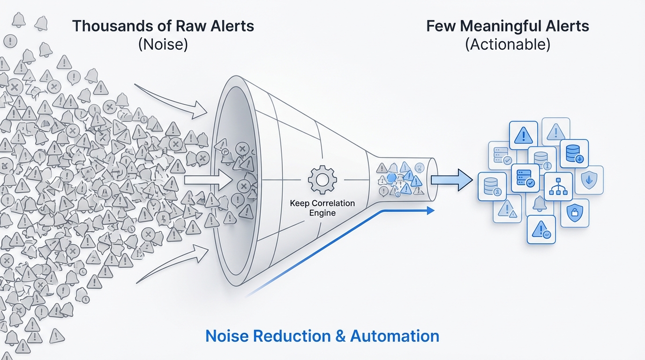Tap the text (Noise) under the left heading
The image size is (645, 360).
(163, 45)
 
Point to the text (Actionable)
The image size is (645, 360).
(508, 45)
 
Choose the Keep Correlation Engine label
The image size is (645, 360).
(322, 208)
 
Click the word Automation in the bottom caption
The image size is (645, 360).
(395, 336)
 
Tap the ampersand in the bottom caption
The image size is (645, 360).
(337, 336)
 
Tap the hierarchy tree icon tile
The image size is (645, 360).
(558, 186)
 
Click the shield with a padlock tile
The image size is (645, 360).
(574, 213)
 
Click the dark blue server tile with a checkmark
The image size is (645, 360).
(525, 178)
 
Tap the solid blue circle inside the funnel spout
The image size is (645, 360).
(392, 178)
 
